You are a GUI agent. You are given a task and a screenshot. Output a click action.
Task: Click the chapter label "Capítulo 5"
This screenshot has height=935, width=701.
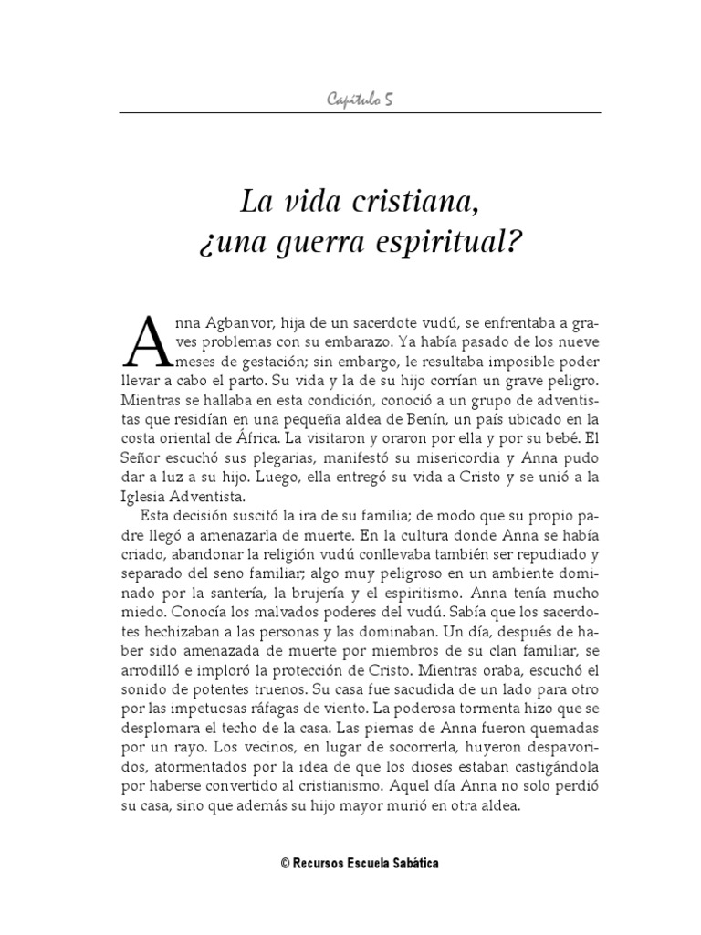pos(360,99)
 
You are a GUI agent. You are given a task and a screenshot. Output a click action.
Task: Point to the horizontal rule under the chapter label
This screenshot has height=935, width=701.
pos(360,112)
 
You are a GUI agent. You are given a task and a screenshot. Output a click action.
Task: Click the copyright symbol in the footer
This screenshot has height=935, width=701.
pos(285,863)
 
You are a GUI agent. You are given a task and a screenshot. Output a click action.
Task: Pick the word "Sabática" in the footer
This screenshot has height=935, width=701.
pos(415,863)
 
